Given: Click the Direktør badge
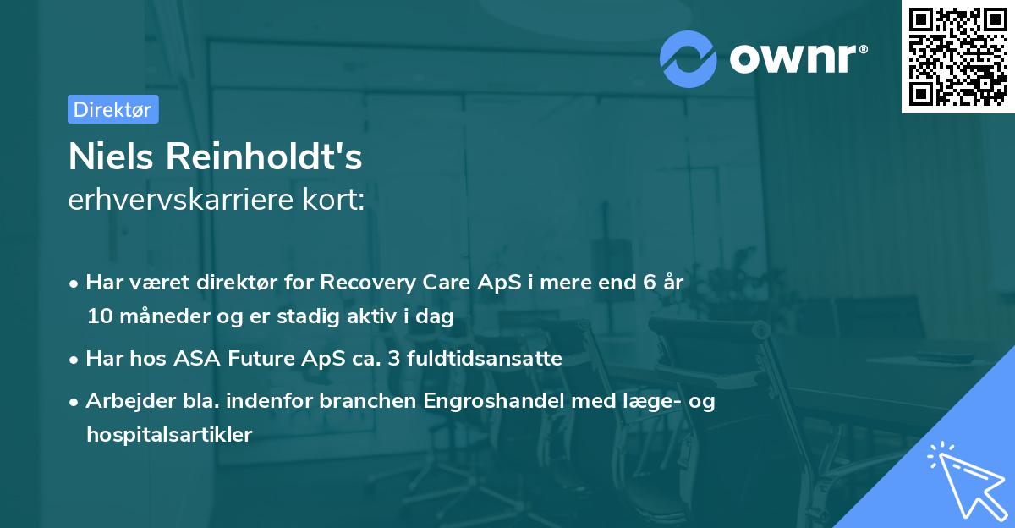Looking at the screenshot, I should pyautogui.click(x=112, y=109).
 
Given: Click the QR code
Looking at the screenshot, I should pyautogui.click(x=957, y=56).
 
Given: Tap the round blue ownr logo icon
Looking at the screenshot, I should pyautogui.click(x=688, y=58).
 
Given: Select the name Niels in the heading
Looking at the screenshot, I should pyautogui.click(x=112, y=157).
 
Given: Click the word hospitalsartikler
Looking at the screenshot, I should pyautogui.click(x=169, y=435).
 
